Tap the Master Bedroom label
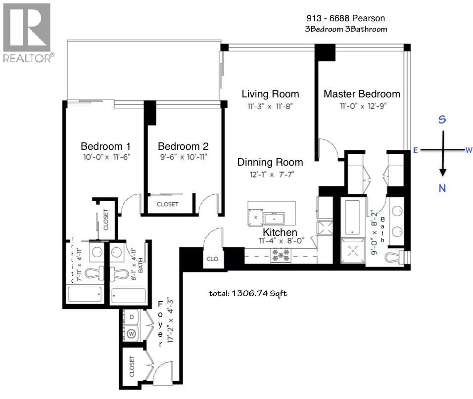pyautogui.click(x=362, y=94)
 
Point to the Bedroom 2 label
pyautogui.click(x=183, y=146)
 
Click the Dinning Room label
pyautogui.click(x=270, y=162)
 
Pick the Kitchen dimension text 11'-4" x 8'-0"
pyautogui.click(x=280, y=241)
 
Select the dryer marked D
pyautogui.click(x=131, y=316)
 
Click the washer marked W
pyautogui.click(x=132, y=333)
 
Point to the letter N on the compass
pyautogui.click(x=443, y=187)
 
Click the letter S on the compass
pyautogui.click(x=443, y=120)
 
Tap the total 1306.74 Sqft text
pyautogui.click(x=248, y=293)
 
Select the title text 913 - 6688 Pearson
pyautogui.click(x=345, y=18)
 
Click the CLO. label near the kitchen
pyautogui.click(x=213, y=259)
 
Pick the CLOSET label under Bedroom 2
pyautogui.click(x=167, y=204)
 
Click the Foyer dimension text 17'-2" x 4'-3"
pyautogui.click(x=172, y=324)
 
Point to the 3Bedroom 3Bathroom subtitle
pyautogui.click(x=346, y=29)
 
